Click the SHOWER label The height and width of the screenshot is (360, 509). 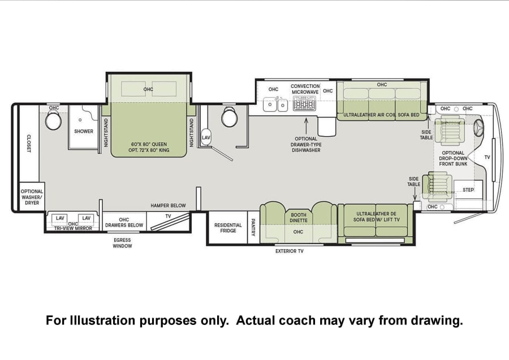(84, 131)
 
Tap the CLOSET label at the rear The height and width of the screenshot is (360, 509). (29, 144)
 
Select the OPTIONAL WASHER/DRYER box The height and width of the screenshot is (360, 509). (32, 197)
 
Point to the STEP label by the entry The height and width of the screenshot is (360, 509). (468, 190)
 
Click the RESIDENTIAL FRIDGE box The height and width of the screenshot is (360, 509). (228, 228)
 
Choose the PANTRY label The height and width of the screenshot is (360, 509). (253, 227)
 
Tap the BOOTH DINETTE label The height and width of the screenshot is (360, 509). (298, 218)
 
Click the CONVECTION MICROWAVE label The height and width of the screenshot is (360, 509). (305, 89)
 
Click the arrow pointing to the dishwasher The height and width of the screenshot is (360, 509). (306, 126)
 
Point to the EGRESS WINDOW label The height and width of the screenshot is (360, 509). (122, 243)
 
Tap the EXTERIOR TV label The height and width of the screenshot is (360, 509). (289, 251)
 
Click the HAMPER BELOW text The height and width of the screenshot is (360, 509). (168, 206)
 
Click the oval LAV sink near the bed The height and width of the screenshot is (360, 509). (206, 137)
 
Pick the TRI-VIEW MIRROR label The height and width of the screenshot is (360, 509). (73, 228)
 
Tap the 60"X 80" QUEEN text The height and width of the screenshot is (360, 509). (149, 144)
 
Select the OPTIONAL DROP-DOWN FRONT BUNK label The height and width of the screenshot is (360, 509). (453, 158)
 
